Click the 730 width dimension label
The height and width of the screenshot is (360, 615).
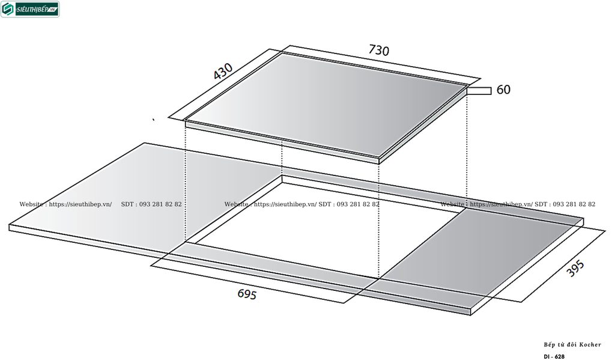point(378,50)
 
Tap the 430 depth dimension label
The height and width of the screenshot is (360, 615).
point(223,72)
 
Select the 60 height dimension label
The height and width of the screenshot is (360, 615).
point(503,90)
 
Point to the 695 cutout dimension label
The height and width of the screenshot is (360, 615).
point(247,294)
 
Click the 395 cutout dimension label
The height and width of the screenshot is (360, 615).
point(575,269)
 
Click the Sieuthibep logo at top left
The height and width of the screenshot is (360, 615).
point(30,9)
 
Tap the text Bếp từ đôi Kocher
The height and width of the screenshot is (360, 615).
point(572,345)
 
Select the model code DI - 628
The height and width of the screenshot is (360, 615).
point(554,356)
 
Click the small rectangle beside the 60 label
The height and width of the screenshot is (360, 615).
point(479,91)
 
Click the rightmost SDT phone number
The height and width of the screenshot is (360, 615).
point(565,204)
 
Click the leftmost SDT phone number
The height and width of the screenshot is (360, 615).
point(151,204)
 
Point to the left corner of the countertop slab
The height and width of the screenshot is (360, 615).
point(10,227)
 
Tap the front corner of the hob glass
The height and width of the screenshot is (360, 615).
point(378,160)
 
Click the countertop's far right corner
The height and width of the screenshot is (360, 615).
point(584,220)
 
